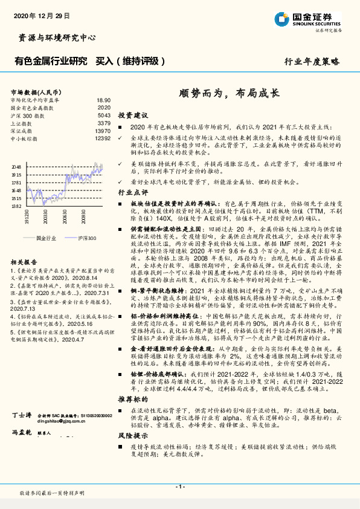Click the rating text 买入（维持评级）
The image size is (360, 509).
coord(130,62)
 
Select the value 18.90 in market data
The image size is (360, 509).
coord(103,100)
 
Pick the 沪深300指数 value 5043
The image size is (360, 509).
coord(104,115)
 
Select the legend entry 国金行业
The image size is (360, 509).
coord(45,239)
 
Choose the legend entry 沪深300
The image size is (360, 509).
coord(86,239)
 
